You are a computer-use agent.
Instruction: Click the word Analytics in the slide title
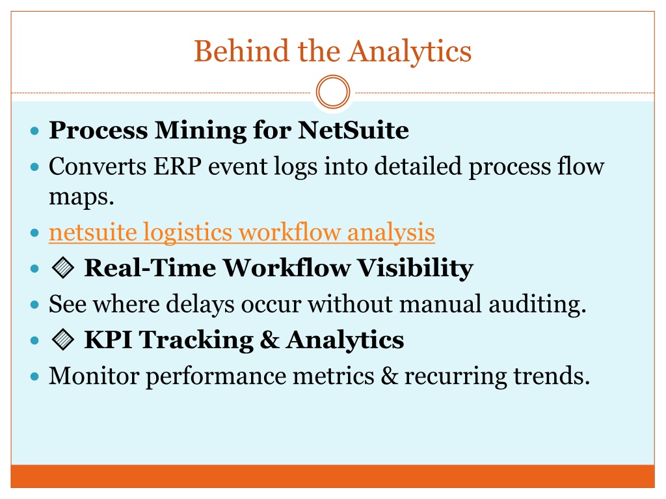coord(410,52)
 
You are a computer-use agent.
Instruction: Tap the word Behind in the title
coord(241,51)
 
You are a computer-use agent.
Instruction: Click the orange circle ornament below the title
coord(333,92)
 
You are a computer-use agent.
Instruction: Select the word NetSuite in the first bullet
coord(353,130)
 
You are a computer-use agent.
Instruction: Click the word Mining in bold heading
coord(200,131)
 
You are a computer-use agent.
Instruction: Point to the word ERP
coord(177,166)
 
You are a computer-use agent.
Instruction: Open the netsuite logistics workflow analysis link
coord(242,233)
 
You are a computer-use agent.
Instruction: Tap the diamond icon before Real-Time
coord(63,268)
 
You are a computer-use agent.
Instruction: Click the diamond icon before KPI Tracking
coord(63,339)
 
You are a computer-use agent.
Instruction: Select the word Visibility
coord(415,268)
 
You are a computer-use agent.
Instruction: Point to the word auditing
coord(537,305)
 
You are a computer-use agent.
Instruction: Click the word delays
coord(200,305)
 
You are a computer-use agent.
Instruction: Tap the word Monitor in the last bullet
coord(94,376)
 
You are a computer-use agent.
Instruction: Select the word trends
coord(552,376)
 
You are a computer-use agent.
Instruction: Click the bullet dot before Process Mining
coord(35,131)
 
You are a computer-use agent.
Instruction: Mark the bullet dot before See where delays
coord(35,305)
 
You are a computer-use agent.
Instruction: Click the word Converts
coord(98,166)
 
